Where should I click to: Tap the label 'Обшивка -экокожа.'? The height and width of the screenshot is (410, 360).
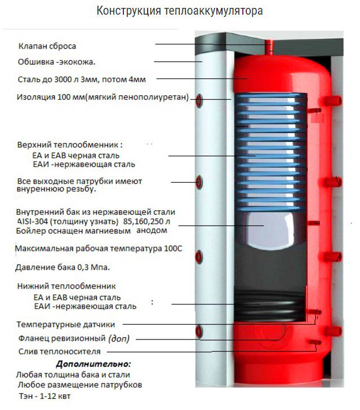57,61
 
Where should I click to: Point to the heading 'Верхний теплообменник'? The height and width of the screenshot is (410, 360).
70,144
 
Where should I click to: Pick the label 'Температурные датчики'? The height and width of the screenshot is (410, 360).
66,325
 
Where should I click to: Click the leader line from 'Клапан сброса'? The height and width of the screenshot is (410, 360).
208,44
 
